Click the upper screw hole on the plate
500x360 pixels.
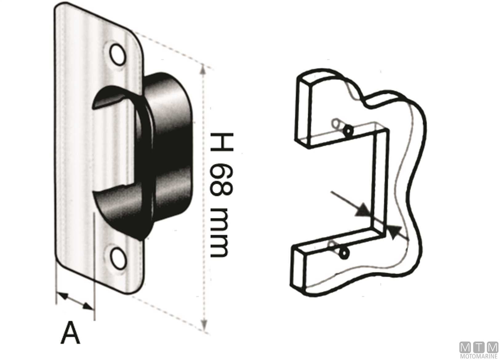(118, 55)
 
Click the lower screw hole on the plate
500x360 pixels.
(118, 259)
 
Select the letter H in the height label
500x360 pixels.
(222, 142)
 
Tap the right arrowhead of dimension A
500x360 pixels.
(88, 306)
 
